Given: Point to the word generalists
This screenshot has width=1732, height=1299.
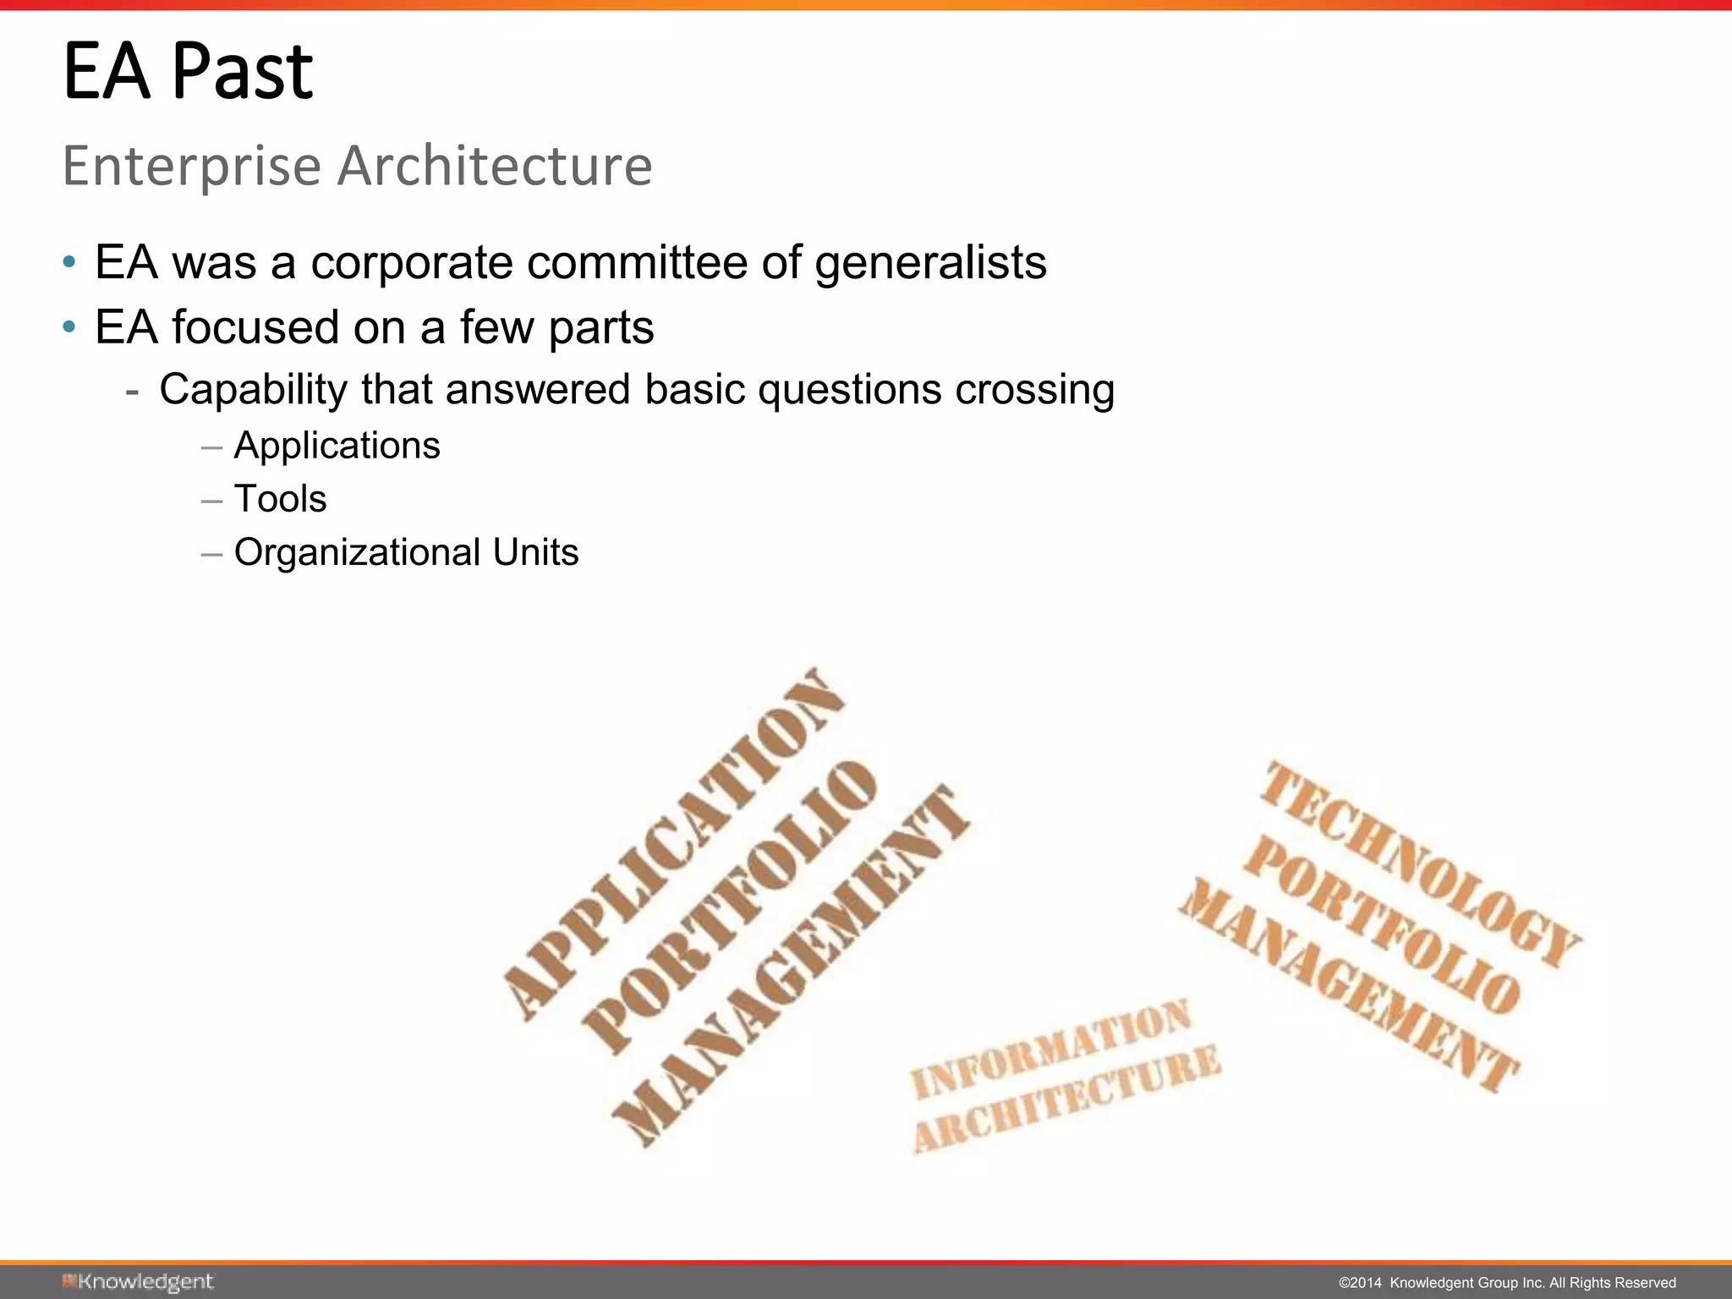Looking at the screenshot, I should [930, 262].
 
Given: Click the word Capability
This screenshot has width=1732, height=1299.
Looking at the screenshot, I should [254, 391].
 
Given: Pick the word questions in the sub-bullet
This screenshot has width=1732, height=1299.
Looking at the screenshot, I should [849, 391].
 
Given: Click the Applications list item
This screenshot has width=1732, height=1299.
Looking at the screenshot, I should [337, 446].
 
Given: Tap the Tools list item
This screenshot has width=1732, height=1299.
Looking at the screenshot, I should [280, 499].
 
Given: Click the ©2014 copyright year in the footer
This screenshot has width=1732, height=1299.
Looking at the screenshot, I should [1359, 1283].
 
